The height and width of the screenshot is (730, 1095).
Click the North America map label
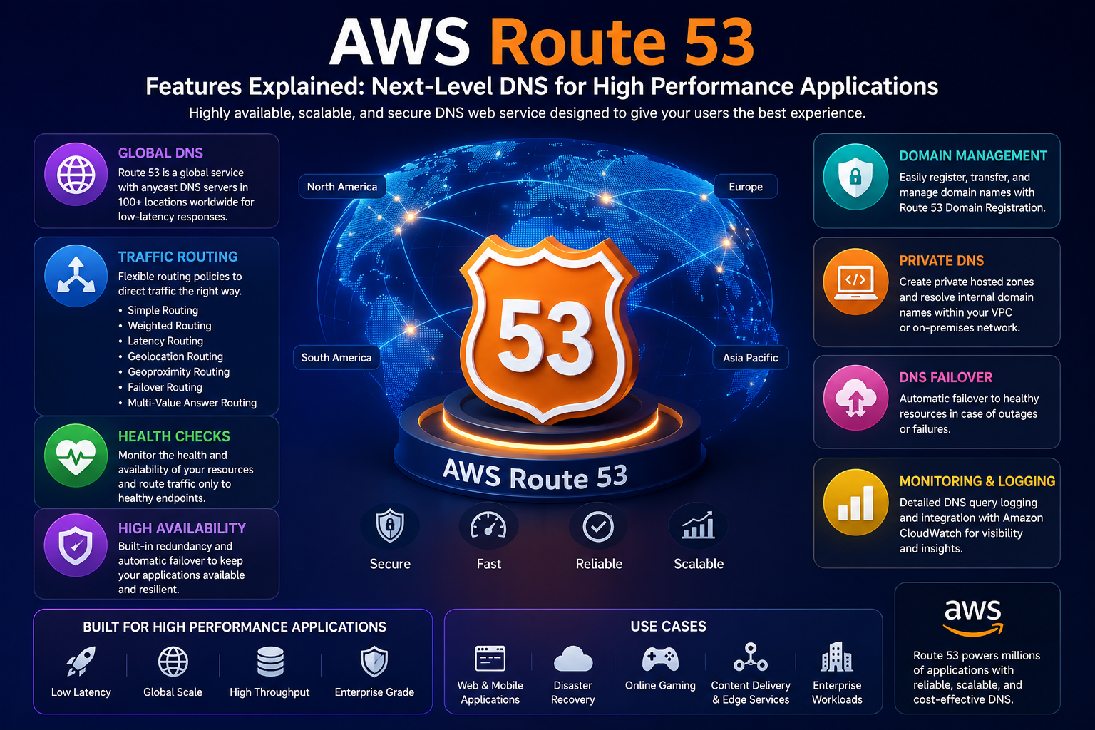tap(342, 186)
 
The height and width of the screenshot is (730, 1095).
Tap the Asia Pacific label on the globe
tap(751, 357)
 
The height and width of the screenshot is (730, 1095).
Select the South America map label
tap(336, 357)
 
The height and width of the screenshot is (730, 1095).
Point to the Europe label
tap(746, 186)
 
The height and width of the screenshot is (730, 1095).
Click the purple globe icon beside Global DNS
tap(76, 175)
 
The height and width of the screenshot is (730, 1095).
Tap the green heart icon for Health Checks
tap(76, 456)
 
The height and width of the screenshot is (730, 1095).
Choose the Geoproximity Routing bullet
tap(178, 371)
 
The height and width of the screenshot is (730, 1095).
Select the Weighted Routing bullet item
tap(170, 326)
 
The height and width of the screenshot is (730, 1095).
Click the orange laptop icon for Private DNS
tap(855, 282)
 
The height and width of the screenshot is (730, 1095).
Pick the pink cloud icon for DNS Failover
tap(855, 398)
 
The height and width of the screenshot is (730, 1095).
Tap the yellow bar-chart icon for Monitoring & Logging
tap(855, 502)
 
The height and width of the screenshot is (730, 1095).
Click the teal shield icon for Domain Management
tap(855, 177)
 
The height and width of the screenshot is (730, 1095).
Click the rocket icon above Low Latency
tap(81, 661)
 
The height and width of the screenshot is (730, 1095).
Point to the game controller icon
tap(660, 659)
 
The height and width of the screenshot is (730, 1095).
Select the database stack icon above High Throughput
tap(270, 661)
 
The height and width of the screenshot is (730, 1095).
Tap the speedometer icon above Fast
tap(488, 526)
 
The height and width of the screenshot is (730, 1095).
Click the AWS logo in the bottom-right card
tap(973, 617)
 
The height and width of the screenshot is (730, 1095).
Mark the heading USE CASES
tap(668, 627)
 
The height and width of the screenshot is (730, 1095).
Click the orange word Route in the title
tap(578, 42)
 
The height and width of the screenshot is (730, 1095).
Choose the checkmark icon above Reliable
tap(598, 527)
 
